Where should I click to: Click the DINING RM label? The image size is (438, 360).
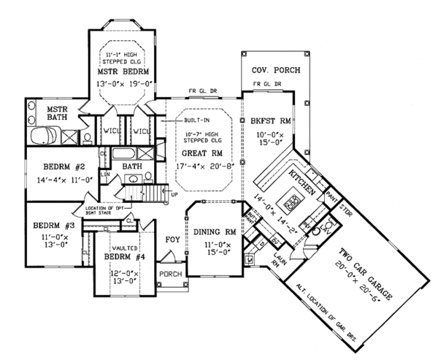point(215,232)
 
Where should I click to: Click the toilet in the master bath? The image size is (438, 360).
point(86,137)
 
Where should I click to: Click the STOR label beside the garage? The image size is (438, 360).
point(345,207)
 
